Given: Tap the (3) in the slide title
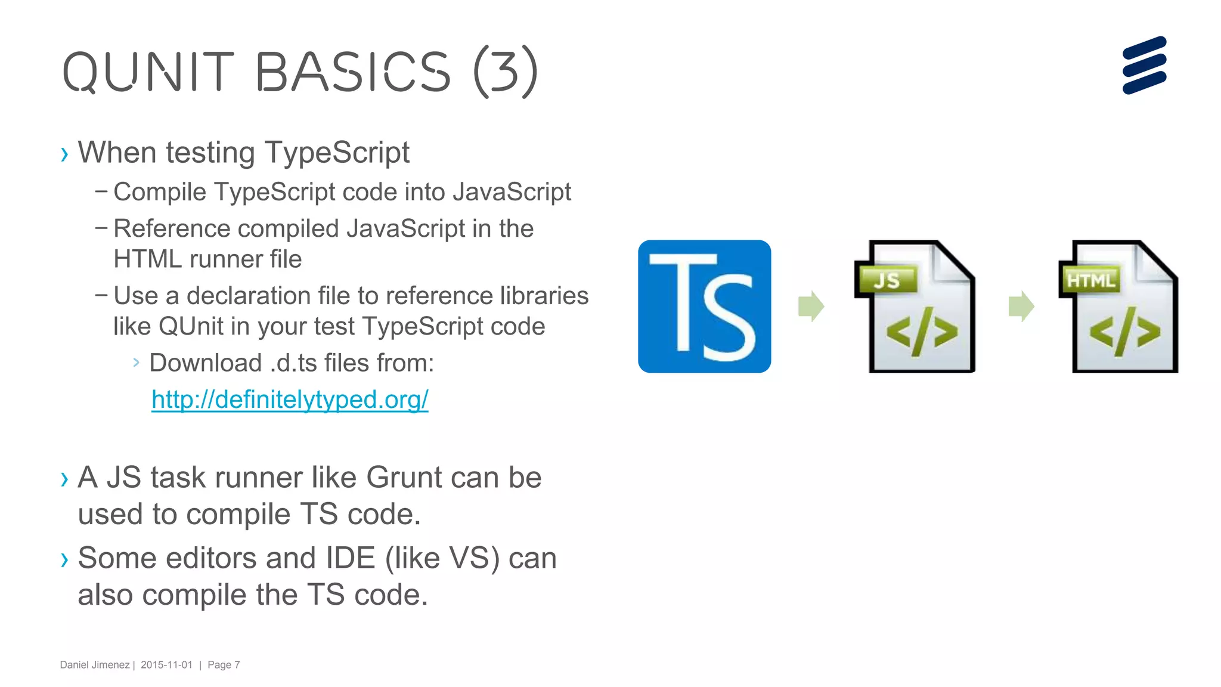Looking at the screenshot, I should pyautogui.click(x=506, y=72).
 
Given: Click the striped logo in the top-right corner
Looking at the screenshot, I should pyautogui.click(x=1144, y=66).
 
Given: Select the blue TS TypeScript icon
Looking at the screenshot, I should pyautogui.click(x=704, y=307).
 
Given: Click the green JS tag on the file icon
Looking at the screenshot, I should pyautogui.click(x=886, y=280).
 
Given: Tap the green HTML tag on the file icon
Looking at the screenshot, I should pyautogui.click(x=1090, y=280).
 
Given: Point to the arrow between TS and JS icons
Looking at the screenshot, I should pyautogui.click(x=811, y=307).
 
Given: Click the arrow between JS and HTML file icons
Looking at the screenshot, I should pyautogui.click(x=1021, y=307).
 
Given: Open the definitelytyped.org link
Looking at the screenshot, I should pyautogui.click(x=290, y=400).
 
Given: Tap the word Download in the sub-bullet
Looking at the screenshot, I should pyautogui.click(x=205, y=363).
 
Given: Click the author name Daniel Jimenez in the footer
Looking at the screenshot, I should pyautogui.click(x=94, y=665).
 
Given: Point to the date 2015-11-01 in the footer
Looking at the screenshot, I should pyautogui.click(x=166, y=665).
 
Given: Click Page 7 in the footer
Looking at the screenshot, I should pyautogui.click(x=224, y=665).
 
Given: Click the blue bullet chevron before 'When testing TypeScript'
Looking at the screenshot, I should pyautogui.click(x=64, y=154).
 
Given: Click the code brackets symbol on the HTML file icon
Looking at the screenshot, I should pyautogui.click(x=1124, y=333).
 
